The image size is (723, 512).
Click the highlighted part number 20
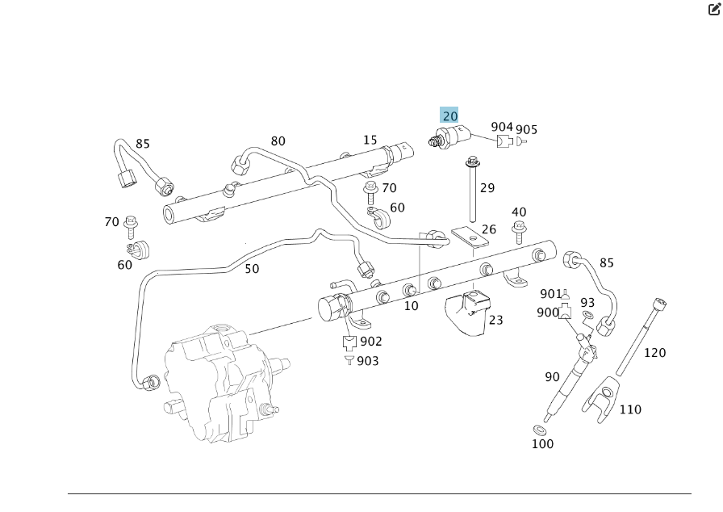(x=449, y=115)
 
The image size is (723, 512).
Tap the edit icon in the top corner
(x=714, y=10)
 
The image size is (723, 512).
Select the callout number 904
(x=502, y=127)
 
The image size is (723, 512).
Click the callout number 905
(x=527, y=130)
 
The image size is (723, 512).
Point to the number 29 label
(x=487, y=188)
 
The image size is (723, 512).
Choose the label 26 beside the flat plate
(x=489, y=229)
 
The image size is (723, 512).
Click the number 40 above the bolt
(x=519, y=213)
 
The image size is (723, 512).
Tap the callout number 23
(x=495, y=320)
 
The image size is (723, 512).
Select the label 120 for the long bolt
(x=654, y=352)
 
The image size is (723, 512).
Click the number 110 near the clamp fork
(x=630, y=409)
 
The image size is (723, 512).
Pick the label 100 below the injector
(x=543, y=443)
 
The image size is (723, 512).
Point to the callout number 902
(x=371, y=342)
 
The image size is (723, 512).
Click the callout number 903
(x=368, y=361)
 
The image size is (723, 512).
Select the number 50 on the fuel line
(x=252, y=269)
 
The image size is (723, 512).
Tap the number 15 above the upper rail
(x=370, y=140)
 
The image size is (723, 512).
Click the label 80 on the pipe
(x=278, y=141)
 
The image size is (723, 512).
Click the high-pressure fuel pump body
(x=218, y=380)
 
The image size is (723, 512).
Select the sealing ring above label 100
(x=538, y=428)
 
